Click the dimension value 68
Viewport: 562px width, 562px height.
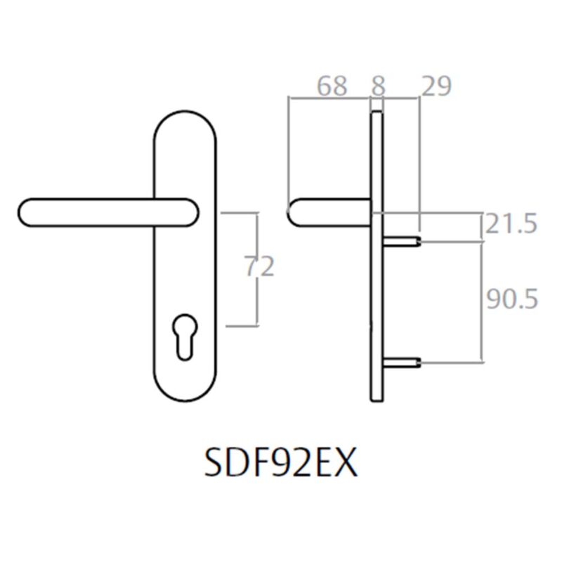332,86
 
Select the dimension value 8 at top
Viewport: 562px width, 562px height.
377,86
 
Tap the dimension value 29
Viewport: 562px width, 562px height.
436,86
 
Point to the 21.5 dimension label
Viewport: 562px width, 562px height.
511,226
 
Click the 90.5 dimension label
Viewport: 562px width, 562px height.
511,300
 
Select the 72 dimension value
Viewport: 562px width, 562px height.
257,268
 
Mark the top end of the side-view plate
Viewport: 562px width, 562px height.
377,112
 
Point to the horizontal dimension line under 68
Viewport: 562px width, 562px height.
330,99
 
